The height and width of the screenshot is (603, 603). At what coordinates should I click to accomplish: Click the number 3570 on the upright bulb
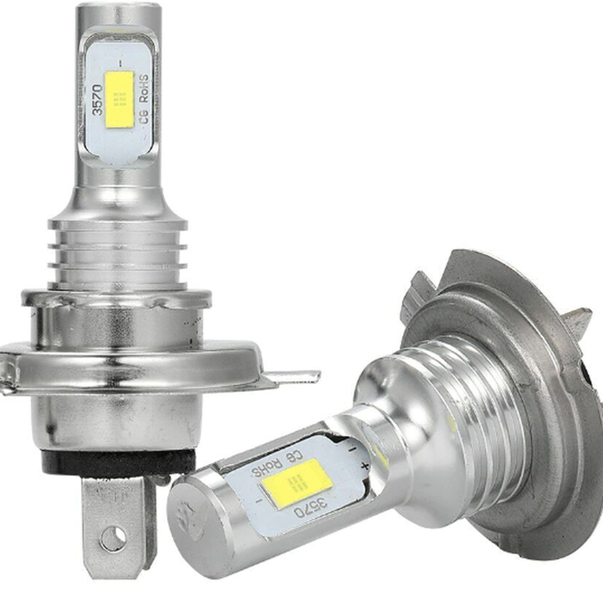coord(97,100)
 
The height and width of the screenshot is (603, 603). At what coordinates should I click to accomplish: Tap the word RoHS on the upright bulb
coord(144,88)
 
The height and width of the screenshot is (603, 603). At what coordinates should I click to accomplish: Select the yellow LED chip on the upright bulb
coord(119,99)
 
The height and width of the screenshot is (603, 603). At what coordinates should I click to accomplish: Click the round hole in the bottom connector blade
coord(113,538)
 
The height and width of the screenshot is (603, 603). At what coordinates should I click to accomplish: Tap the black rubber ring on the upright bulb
coord(115,462)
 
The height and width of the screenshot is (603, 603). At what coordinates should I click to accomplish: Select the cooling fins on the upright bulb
coord(117,254)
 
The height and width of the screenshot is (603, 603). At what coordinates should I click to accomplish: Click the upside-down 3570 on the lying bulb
coord(311,508)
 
